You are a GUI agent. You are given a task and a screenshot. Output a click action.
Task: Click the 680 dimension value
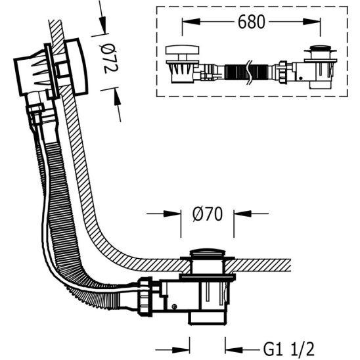tap(252, 22)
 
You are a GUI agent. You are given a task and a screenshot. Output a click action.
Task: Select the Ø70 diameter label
tap(208, 214)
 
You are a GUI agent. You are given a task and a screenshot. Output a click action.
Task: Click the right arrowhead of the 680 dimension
tap(317, 22)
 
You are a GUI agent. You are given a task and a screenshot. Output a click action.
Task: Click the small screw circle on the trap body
tap(174, 307)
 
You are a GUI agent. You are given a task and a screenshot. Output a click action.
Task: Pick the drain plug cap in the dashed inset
tap(319, 50)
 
